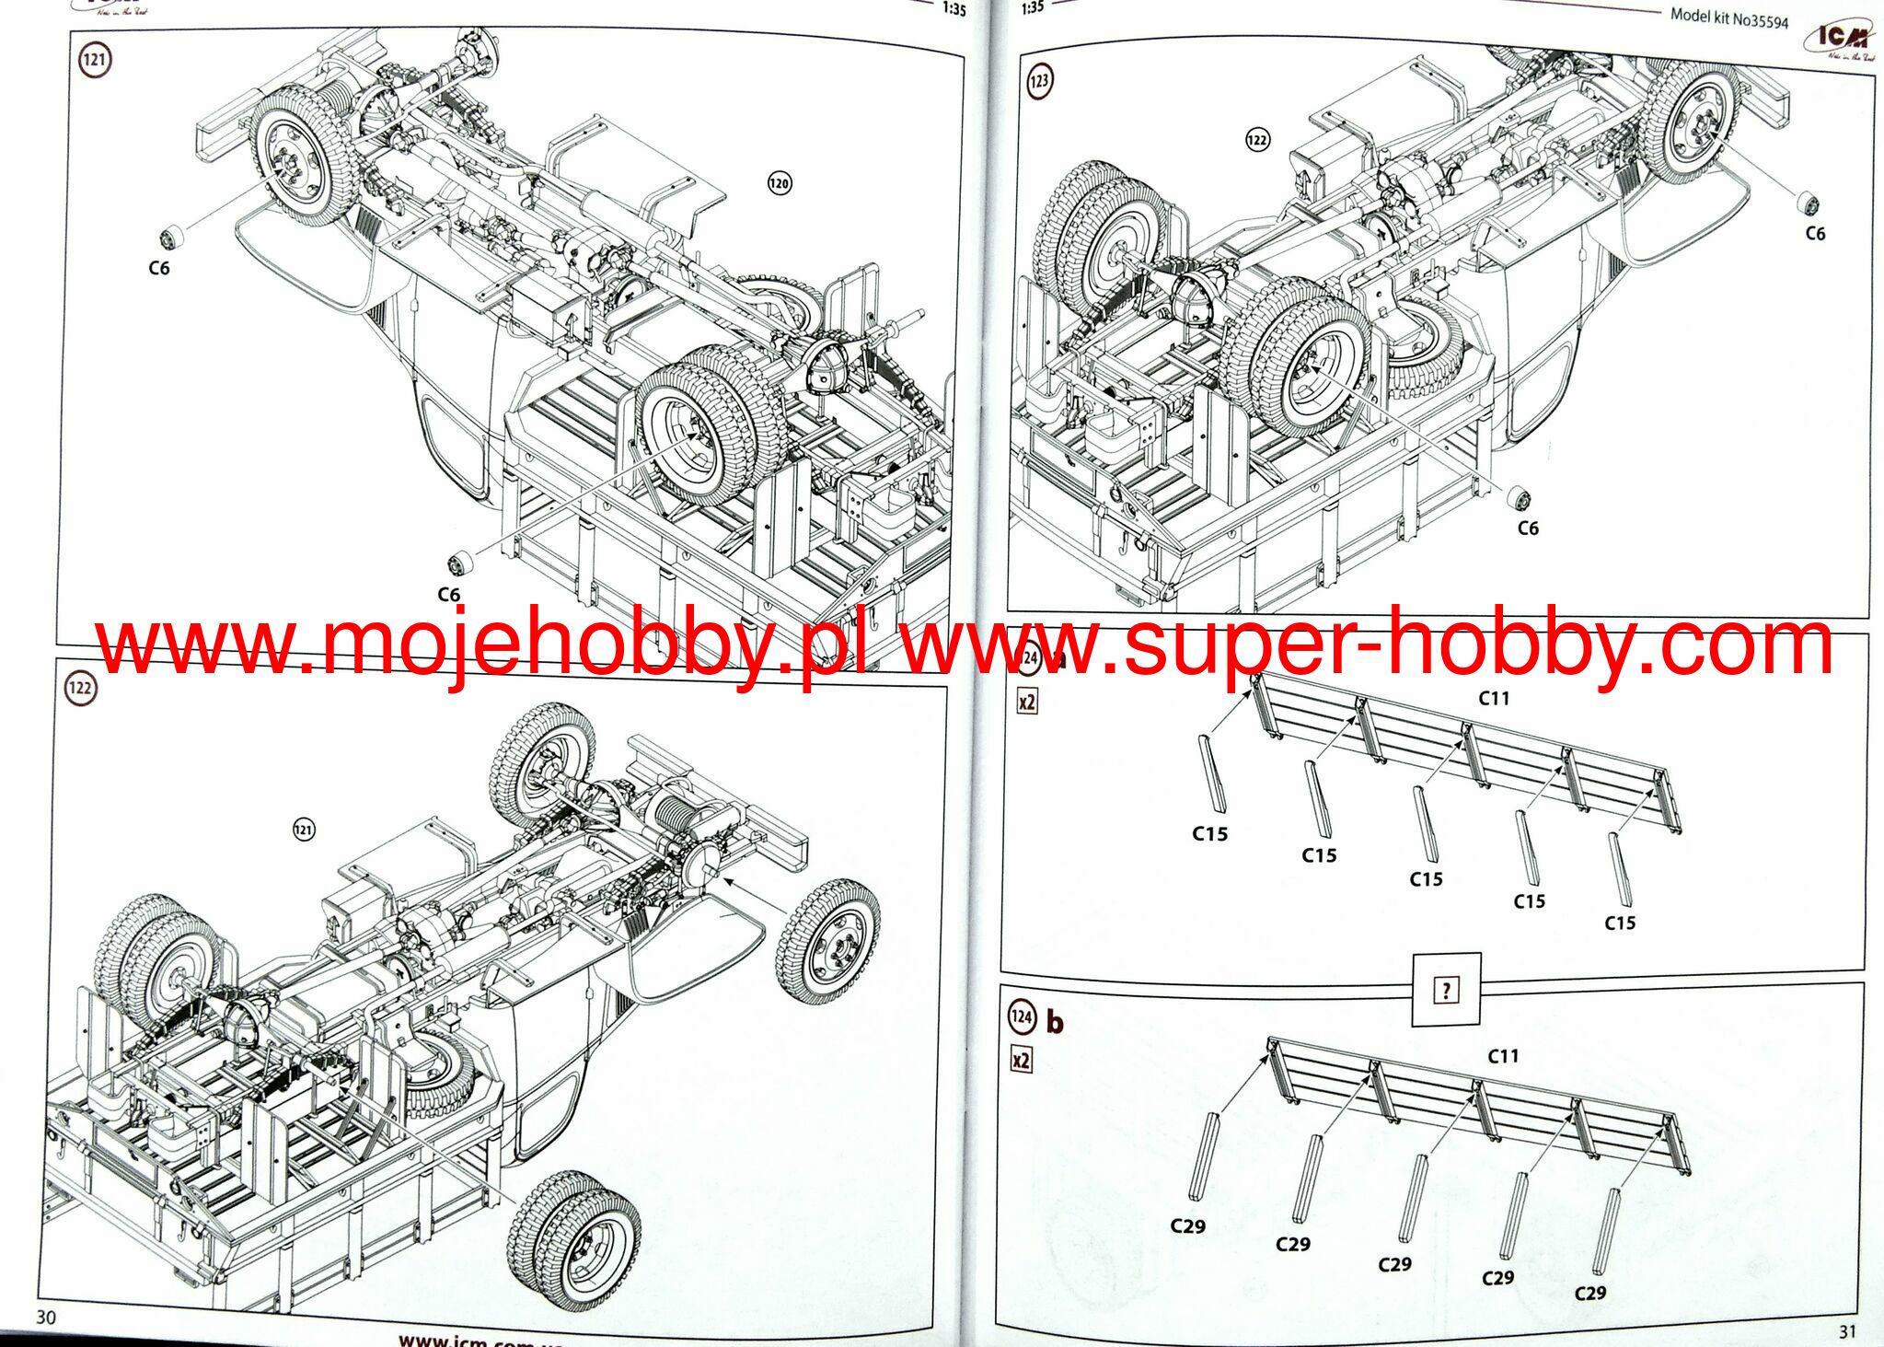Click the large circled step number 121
[x=94, y=61]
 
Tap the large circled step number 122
[x=81, y=688]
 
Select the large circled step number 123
[x=1038, y=80]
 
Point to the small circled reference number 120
[x=779, y=183]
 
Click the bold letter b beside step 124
[x=1055, y=1022]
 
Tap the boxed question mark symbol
[x=1446, y=991]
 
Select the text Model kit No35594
[x=1728, y=17]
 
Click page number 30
[x=45, y=1317]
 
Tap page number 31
[x=1847, y=1330]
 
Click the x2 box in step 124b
[x=1021, y=1060]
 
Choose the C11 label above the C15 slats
[x=1494, y=699]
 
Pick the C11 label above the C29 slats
[x=1503, y=1056]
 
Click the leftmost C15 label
[x=1209, y=833]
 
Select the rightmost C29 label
[x=1589, y=1293]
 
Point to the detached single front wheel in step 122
[x=827, y=941]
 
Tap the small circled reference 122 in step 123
[x=1256, y=140]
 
